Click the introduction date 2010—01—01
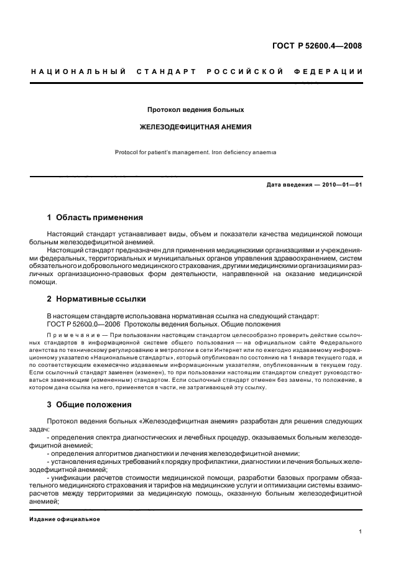click(341, 185)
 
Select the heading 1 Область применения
click(95, 218)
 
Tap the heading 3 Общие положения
click(90, 405)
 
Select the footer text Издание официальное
click(65, 519)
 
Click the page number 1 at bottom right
click(361, 532)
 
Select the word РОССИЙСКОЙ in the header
click(246, 72)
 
